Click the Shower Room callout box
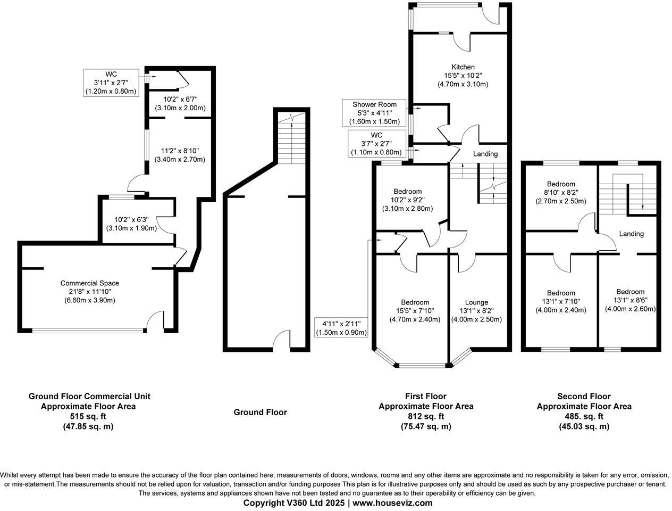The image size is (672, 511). pos(374,113)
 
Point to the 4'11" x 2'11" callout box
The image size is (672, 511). pos(341,328)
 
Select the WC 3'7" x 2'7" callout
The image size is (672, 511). pos(376,144)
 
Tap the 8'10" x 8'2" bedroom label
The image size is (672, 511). pos(560,193)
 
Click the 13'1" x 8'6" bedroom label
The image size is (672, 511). pos(630,300)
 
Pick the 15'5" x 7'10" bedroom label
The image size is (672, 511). pos(415,311)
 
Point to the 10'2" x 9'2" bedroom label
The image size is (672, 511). pos(408,200)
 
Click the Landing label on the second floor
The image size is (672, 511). pos(631,234)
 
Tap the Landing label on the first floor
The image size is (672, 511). pos(485,154)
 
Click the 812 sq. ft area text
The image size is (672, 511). pos(425,416)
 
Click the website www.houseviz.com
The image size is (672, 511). pos(392,502)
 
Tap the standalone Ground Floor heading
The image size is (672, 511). pos(260,412)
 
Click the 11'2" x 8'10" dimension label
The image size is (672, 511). pos(180,155)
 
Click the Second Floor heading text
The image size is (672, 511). pos(584,396)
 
